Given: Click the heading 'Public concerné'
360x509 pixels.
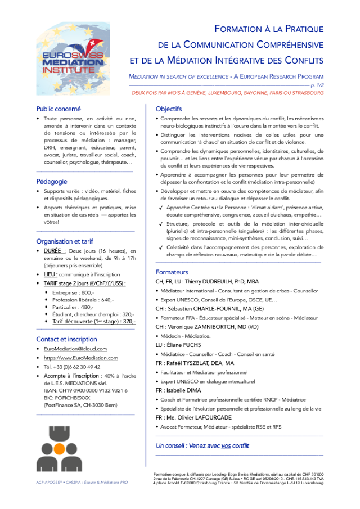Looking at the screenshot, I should [x=58, y=109].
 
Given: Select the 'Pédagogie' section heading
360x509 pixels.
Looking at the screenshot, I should [x=52, y=182].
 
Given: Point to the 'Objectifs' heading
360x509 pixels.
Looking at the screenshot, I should [x=169, y=109].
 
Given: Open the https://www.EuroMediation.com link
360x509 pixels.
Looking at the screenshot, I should [x=81, y=358].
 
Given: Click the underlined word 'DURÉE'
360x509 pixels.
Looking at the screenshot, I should [x=55, y=251].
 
